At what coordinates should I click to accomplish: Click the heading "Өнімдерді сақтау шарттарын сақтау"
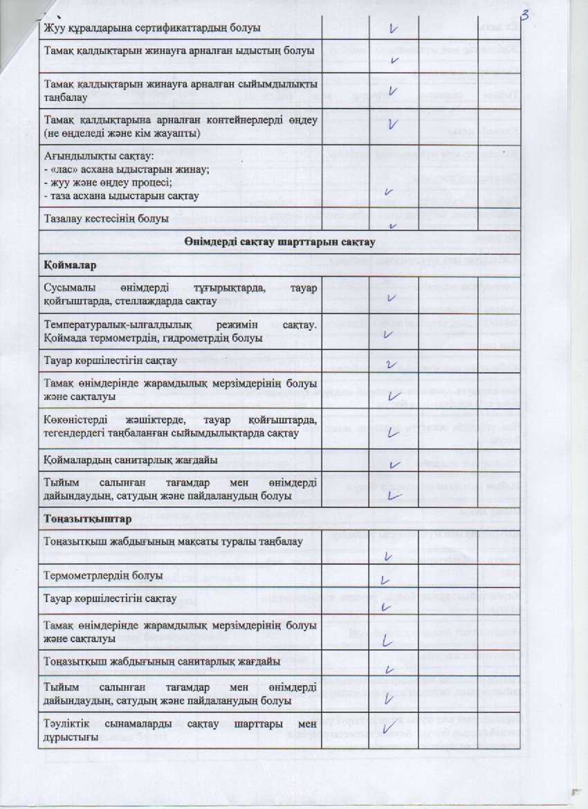[281, 242]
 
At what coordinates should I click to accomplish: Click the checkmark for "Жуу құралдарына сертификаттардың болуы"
[395, 29]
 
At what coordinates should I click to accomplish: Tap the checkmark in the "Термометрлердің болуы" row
[386, 579]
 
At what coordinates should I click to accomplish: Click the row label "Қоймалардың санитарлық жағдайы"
[131, 460]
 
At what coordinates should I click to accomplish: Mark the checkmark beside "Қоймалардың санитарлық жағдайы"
[395, 464]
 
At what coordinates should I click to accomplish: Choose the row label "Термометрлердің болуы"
[103, 575]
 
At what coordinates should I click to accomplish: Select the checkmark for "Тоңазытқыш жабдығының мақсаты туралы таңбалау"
[387, 555]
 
